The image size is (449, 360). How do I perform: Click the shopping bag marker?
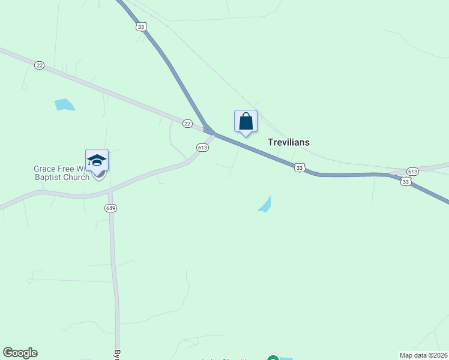coord(246,121)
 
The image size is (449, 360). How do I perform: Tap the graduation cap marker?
coord(97,160)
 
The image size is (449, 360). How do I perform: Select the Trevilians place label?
coord(288,142)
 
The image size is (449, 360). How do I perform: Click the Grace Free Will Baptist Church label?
coord(61,173)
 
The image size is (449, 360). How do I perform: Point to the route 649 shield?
coord(111,208)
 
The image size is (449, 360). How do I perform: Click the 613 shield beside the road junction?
coord(202,148)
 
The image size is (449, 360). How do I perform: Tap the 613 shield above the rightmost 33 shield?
coord(412,171)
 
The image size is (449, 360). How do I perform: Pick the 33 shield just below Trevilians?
coord(299,168)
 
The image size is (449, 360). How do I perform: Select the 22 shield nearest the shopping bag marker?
coord(187,124)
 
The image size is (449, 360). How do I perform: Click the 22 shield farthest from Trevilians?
coord(39,65)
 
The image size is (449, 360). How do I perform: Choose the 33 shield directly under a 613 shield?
coord(406,181)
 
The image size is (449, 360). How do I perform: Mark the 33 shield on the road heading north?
coord(141,26)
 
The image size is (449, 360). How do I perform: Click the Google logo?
coord(20,353)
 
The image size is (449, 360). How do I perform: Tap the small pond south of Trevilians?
coord(265,205)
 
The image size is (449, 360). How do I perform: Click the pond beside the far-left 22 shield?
coord(64,105)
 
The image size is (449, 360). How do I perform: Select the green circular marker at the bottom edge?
coord(273,358)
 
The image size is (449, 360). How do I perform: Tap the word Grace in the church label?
coord(43,169)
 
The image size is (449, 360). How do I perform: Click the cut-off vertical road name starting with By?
coord(116,354)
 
